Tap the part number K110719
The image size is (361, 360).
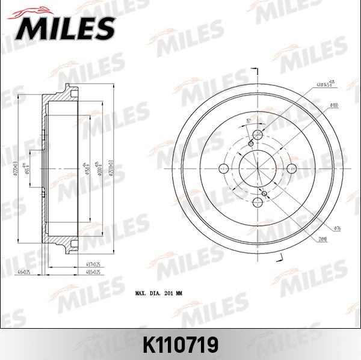point(180,344)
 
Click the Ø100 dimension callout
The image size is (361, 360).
point(335,106)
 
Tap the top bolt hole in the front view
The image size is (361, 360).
point(258,134)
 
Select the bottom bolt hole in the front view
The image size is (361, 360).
point(258,202)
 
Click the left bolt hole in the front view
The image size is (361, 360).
point(224,168)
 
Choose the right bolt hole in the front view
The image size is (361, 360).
point(292,168)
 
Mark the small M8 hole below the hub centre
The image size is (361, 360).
point(265,193)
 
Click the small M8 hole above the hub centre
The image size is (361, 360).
point(251,143)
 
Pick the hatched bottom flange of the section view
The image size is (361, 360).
point(63,243)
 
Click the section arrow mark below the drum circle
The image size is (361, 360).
point(280,258)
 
